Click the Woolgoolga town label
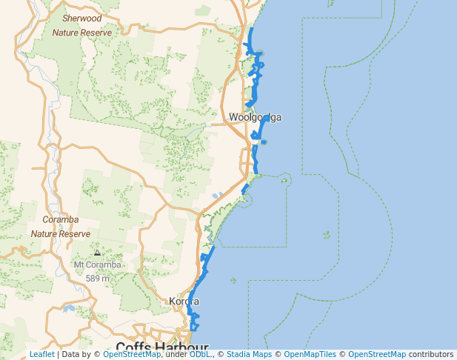coord(255,117)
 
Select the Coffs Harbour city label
coord(162,347)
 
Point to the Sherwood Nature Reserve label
coord(82,25)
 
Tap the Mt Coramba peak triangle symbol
coord(98,253)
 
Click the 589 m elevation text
coord(98,279)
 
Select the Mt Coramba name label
coord(97,265)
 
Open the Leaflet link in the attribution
coord(42,355)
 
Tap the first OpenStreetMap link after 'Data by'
coord(131,355)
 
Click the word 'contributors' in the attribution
coord(431,355)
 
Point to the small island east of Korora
coord(233,280)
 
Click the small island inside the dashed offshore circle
coord(327,235)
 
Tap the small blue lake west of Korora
coord(68,308)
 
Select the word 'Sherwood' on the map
coord(82,18)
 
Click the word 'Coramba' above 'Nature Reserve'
coord(61,219)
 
